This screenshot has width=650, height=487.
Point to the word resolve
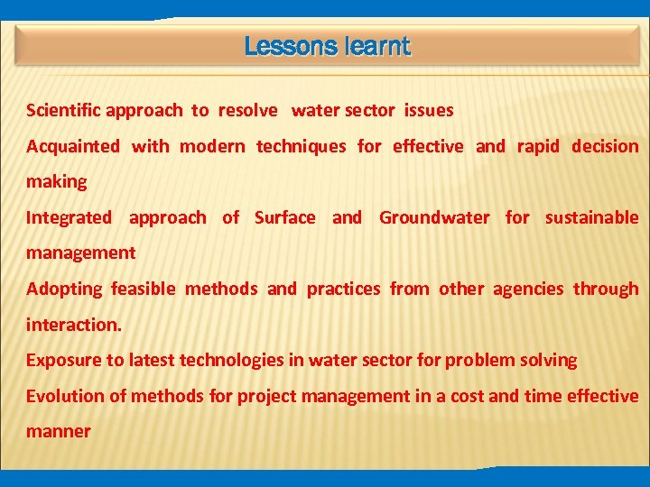pyautogui.click(x=247, y=111)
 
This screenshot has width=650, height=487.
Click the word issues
pyautogui.click(x=429, y=111)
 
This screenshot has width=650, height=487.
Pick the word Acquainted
pyautogui.click(x=72, y=146)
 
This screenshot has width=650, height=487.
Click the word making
pyautogui.click(x=56, y=182)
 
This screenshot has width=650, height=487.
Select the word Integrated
pyautogui.click(x=69, y=217)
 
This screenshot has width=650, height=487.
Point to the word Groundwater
pyautogui.click(x=434, y=217)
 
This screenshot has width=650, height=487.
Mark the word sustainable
pyautogui.click(x=591, y=217)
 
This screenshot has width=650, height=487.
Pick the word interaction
pyautogui.click(x=73, y=325)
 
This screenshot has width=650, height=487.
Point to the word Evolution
pyautogui.click(x=63, y=396)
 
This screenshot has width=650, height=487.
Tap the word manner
pyautogui.click(x=58, y=431)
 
